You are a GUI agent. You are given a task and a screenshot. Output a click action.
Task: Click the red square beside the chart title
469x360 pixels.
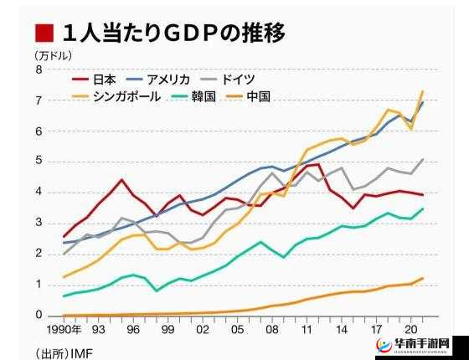(44, 33)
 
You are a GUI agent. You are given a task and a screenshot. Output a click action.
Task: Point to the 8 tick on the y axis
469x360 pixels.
(39, 70)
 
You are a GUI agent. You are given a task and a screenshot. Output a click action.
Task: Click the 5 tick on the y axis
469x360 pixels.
(39, 162)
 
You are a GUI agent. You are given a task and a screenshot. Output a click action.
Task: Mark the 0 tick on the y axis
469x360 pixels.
(39, 316)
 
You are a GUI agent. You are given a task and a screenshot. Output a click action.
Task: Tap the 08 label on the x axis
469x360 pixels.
(271, 329)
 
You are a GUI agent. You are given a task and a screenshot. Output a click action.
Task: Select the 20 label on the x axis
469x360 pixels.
(410, 329)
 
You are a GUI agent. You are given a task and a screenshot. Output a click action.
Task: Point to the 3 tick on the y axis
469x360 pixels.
(39, 224)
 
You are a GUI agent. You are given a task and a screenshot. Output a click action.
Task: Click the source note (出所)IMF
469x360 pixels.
(64, 352)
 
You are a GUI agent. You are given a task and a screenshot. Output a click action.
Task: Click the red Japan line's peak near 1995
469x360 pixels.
(122, 180)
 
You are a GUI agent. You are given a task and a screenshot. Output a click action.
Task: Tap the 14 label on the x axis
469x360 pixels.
(341, 329)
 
